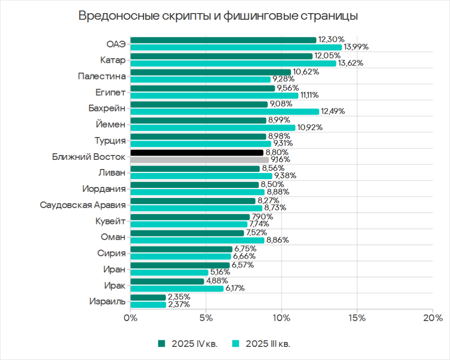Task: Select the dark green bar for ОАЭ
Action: [x=223, y=40]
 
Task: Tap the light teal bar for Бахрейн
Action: [x=225, y=112]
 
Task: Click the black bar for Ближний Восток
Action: [x=197, y=153]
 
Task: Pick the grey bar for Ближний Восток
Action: [x=200, y=160]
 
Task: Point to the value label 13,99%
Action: [x=356, y=47]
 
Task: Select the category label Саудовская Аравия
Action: [x=83, y=205]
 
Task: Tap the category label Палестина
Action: [x=102, y=76]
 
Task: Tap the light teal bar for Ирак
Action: [x=177, y=288]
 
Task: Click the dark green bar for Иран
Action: [x=180, y=265]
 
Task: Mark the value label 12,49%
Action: [x=333, y=112]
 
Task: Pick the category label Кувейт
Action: [x=111, y=221]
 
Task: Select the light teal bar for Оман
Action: [x=197, y=240]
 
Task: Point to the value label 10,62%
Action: [x=306, y=72]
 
